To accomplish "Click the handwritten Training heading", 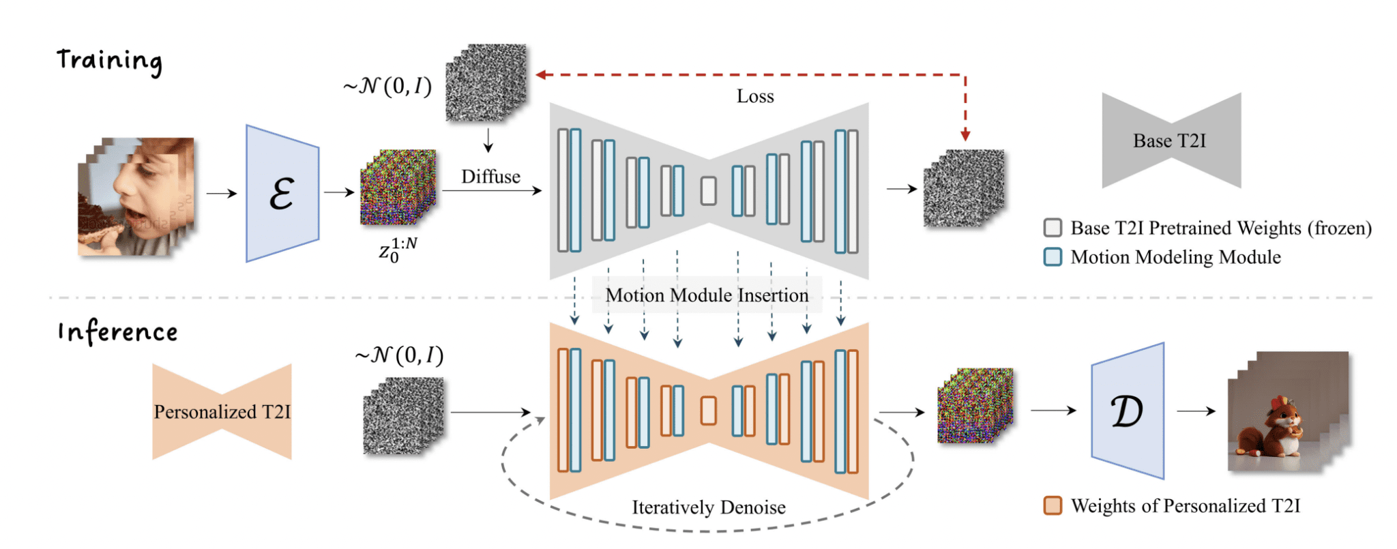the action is (x=109, y=61).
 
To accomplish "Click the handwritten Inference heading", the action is (x=117, y=332).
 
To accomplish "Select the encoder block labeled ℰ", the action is (x=282, y=193).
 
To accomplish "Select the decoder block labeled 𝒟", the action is (x=1128, y=411).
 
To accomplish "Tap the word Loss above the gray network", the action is (x=755, y=96).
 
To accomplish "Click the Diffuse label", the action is (x=490, y=177).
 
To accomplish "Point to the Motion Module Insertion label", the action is (x=707, y=295).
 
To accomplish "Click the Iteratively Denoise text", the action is (x=709, y=507).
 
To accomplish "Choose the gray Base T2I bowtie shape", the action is (x=1171, y=140).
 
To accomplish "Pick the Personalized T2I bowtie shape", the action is (x=222, y=411).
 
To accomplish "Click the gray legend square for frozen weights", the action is (x=1053, y=227).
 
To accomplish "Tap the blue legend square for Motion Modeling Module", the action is (x=1053, y=256).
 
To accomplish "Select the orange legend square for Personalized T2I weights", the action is (x=1053, y=505).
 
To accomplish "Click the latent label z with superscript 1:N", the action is (x=398, y=250).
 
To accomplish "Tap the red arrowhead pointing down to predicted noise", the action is (x=965, y=135).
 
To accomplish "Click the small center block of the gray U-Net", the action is (x=709, y=191).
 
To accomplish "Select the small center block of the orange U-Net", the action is (x=709, y=411).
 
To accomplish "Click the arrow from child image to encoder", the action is (x=222, y=194).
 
